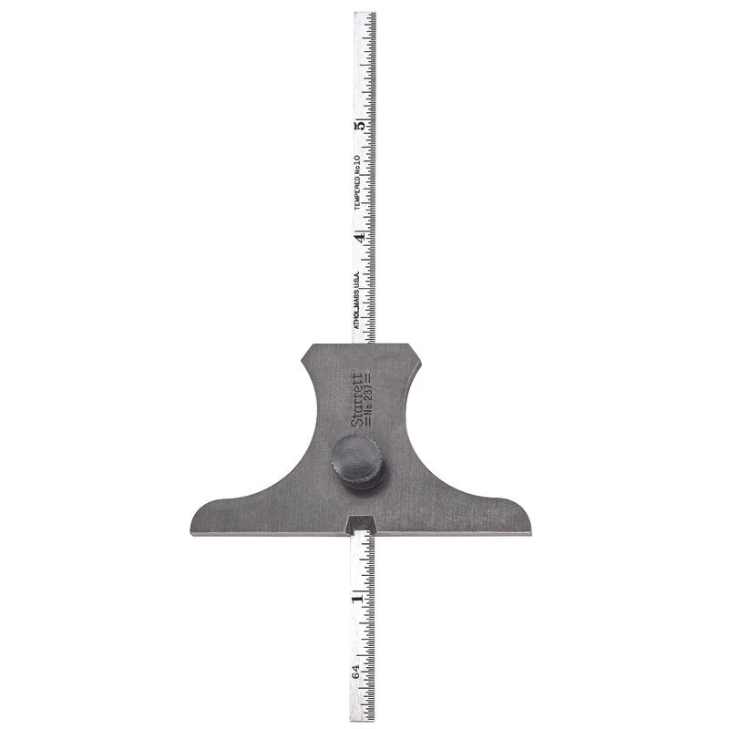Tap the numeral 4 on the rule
(361, 236)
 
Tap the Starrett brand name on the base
(355, 398)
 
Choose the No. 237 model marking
(366, 398)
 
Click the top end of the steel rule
(364, 13)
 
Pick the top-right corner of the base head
(421, 345)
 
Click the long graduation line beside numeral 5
(369, 126)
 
